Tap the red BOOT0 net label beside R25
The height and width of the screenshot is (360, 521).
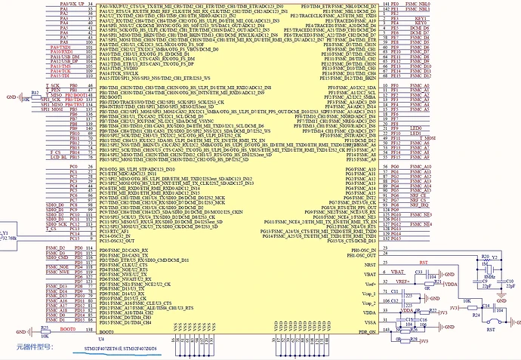coord(68,330)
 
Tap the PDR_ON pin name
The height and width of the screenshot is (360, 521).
coord(367,332)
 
